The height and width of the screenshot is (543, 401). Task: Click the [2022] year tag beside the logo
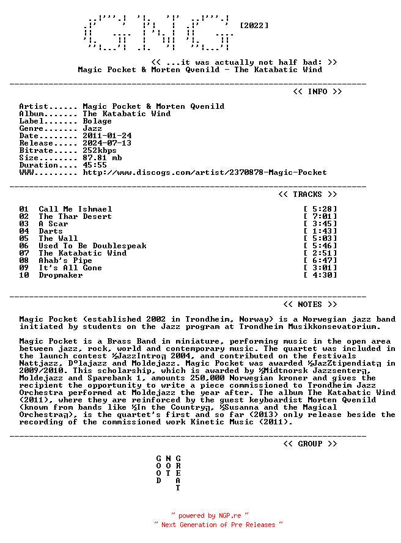point(254,26)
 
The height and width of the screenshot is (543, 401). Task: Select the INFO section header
point(317,92)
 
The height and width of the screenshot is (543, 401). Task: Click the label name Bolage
point(97,121)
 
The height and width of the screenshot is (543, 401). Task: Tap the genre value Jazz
point(92,128)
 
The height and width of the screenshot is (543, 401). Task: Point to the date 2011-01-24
point(107,136)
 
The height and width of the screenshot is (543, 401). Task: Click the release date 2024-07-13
point(107,143)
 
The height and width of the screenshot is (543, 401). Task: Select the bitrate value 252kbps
point(100,150)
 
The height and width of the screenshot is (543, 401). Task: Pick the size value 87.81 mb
point(102,158)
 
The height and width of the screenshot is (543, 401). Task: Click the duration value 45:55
point(95,165)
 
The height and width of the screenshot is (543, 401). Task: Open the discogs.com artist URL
point(205,172)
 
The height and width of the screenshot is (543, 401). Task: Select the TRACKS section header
point(307,194)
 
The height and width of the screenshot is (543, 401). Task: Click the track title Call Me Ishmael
point(75,209)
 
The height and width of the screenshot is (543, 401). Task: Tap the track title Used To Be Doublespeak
point(92,246)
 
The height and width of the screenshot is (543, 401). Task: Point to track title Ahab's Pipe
point(65,260)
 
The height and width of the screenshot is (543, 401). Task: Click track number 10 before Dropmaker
point(24,275)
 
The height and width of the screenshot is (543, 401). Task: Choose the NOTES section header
point(310,305)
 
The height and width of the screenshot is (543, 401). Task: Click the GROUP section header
point(310,444)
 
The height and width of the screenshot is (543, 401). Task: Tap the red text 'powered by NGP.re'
point(210,515)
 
